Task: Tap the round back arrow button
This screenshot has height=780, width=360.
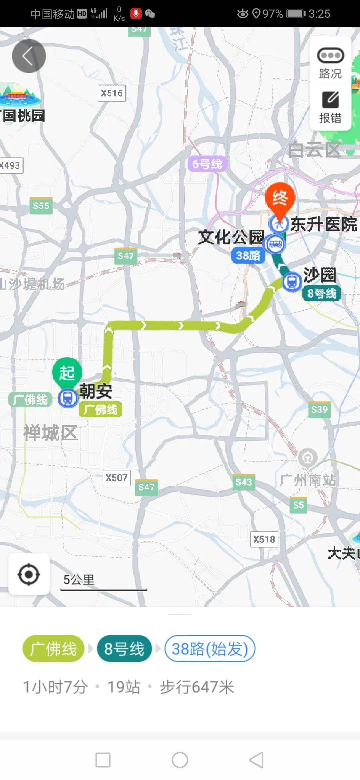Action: (x=29, y=56)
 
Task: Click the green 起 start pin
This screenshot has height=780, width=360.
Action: (x=67, y=373)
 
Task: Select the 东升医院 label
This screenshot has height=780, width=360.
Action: (x=324, y=224)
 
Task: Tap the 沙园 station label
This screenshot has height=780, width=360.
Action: (x=319, y=275)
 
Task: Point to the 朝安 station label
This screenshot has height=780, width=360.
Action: (x=96, y=391)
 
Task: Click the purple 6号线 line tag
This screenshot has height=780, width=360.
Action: (x=207, y=164)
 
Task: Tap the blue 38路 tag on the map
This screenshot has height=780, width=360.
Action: (x=248, y=256)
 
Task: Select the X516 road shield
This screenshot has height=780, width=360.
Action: (x=112, y=93)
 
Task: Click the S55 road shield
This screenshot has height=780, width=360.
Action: (x=41, y=206)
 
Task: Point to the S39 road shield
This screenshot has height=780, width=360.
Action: (x=319, y=409)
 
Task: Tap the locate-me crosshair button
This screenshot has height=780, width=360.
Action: (x=29, y=574)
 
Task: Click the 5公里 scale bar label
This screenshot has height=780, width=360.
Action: (x=79, y=580)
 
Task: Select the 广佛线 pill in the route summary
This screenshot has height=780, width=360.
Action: (x=53, y=649)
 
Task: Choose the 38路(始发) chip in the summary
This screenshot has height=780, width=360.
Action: (x=210, y=649)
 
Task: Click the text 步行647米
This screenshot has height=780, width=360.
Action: (x=197, y=687)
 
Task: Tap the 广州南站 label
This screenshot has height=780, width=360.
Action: (x=308, y=480)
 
